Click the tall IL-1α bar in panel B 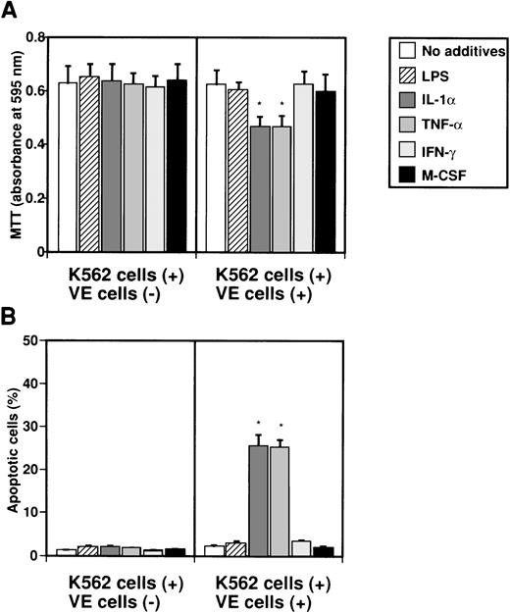258,500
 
